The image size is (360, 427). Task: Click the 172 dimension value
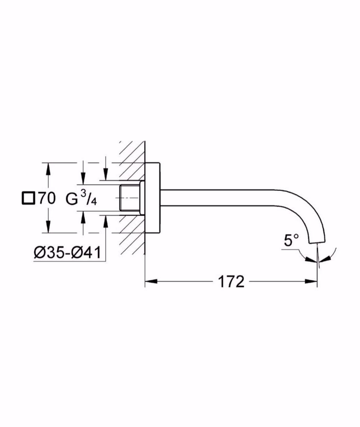pos(231,282)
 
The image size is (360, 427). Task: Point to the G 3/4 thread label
pos(81,198)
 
